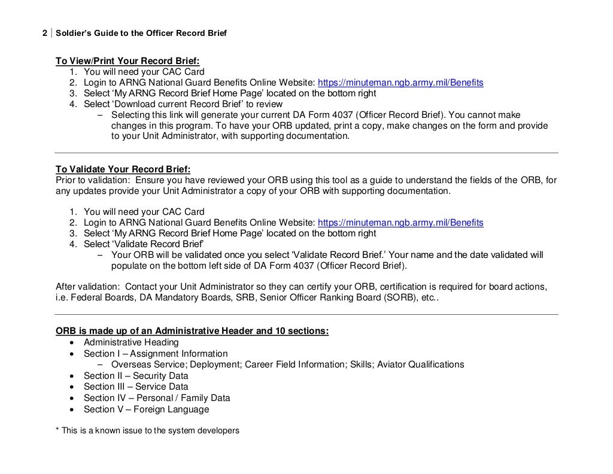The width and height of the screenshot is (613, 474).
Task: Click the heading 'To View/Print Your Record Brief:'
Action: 128,61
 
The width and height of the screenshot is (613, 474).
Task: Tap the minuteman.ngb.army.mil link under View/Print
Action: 400,83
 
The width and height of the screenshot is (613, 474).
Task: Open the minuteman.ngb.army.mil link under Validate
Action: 400,223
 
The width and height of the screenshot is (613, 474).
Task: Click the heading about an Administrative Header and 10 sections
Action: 192,331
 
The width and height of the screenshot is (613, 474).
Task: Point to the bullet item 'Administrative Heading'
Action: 131,342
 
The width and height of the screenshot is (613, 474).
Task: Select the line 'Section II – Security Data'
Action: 136,376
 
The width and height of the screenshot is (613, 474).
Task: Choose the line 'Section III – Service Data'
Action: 136,387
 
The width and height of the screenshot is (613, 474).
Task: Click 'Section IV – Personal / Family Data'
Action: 157,398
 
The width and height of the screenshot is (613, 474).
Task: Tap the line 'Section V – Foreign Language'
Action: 147,409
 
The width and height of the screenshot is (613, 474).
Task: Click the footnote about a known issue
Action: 147,430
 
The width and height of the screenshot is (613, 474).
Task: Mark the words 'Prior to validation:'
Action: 93,180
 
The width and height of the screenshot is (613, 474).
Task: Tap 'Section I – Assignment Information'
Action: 156,354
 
